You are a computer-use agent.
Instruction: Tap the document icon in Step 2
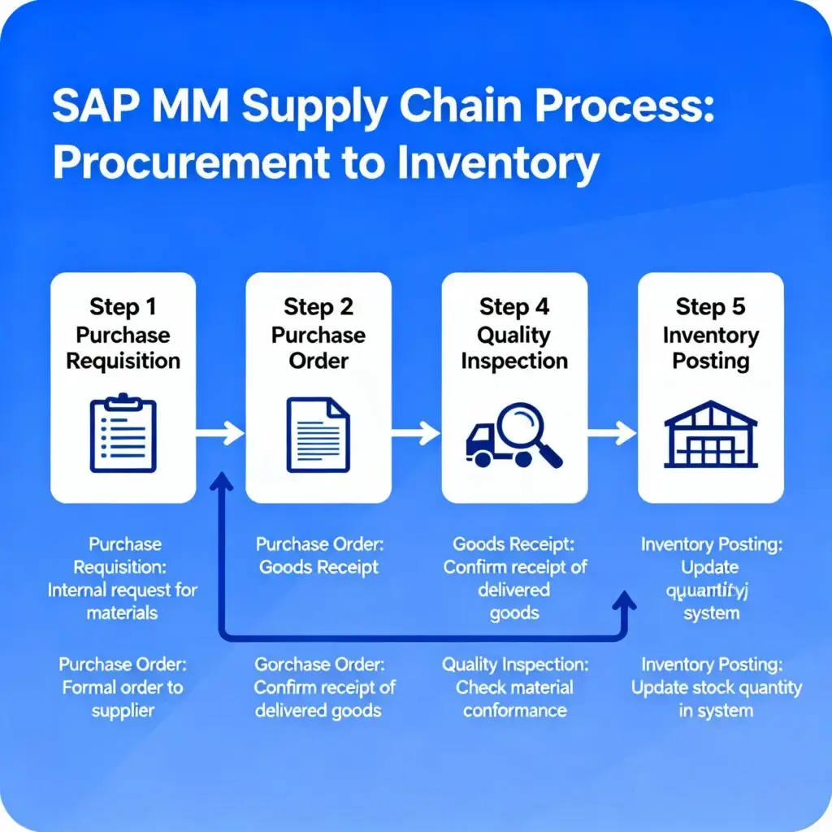click(x=318, y=434)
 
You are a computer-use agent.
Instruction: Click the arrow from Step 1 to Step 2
click(x=220, y=434)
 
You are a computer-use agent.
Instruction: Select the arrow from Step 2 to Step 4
click(x=416, y=434)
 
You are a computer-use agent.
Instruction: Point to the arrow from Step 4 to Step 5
click(x=612, y=434)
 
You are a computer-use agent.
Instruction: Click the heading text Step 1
click(x=123, y=307)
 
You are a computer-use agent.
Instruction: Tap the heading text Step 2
click(x=318, y=307)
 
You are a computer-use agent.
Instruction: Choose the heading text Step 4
click(x=514, y=307)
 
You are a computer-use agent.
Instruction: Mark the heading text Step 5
click(x=710, y=307)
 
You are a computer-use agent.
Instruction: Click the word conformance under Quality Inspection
click(x=515, y=710)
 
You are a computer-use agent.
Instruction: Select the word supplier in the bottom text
click(x=123, y=710)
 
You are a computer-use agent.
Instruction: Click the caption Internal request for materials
click(x=123, y=600)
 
